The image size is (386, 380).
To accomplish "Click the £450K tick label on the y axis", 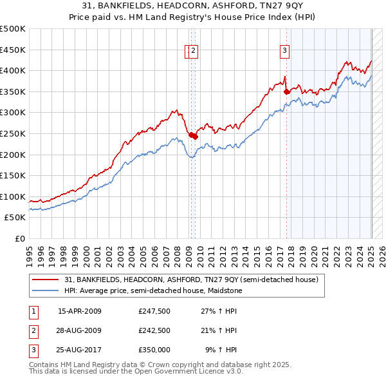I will tap(13, 50).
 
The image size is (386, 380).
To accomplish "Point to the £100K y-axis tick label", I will tap(13, 196).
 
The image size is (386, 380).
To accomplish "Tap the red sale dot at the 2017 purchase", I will tap(287, 92).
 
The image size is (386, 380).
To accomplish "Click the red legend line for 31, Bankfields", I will tap(46, 280).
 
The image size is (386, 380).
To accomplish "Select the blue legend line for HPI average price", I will tap(46, 290).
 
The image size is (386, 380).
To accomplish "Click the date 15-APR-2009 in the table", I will tap(80, 311).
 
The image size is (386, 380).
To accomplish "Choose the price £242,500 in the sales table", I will tap(154, 330).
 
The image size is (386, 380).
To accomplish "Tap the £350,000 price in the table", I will tap(154, 350).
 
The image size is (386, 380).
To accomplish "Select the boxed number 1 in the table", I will tap(32, 311).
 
